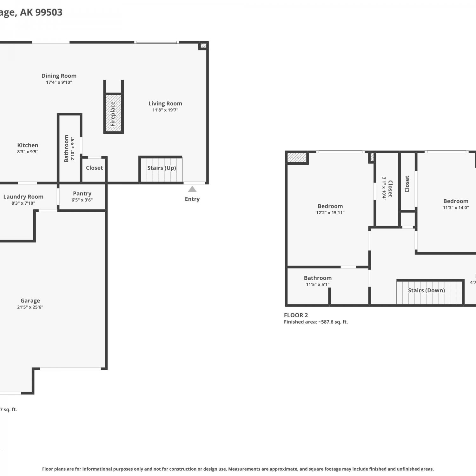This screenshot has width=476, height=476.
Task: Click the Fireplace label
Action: click(113, 114)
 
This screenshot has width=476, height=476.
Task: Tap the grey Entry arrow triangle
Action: click(192, 189)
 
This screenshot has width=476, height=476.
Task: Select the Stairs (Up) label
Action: click(162, 168)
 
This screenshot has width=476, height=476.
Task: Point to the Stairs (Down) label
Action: click(426, 290)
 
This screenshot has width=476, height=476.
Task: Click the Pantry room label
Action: click(82, 194)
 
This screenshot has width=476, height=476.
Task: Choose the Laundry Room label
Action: click(23, 197)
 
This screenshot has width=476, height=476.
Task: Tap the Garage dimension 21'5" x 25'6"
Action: click(30, 307)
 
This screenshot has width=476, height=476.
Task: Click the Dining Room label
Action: click(59, 76)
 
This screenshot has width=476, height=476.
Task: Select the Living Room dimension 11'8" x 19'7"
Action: click(165, 110)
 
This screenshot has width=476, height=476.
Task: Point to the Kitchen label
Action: click(28, 145)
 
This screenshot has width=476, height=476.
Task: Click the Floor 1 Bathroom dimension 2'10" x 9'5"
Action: click(73, 149)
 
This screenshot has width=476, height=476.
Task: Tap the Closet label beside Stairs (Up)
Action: click(94, 168)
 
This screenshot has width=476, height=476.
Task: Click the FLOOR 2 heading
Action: click(296, 315)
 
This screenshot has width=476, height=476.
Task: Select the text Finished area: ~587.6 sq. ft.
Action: click(316, 322)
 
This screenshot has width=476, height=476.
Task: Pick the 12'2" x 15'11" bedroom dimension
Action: click(330, 213)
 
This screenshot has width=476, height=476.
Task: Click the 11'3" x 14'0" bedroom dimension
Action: click(456, 208)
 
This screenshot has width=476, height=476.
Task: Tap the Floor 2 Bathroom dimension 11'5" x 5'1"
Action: click(318, 285)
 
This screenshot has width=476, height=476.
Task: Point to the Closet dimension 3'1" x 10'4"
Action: click(384, 188)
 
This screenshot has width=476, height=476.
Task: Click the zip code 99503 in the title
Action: click(49, 12)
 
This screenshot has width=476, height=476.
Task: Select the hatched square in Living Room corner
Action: click(204, 46)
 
